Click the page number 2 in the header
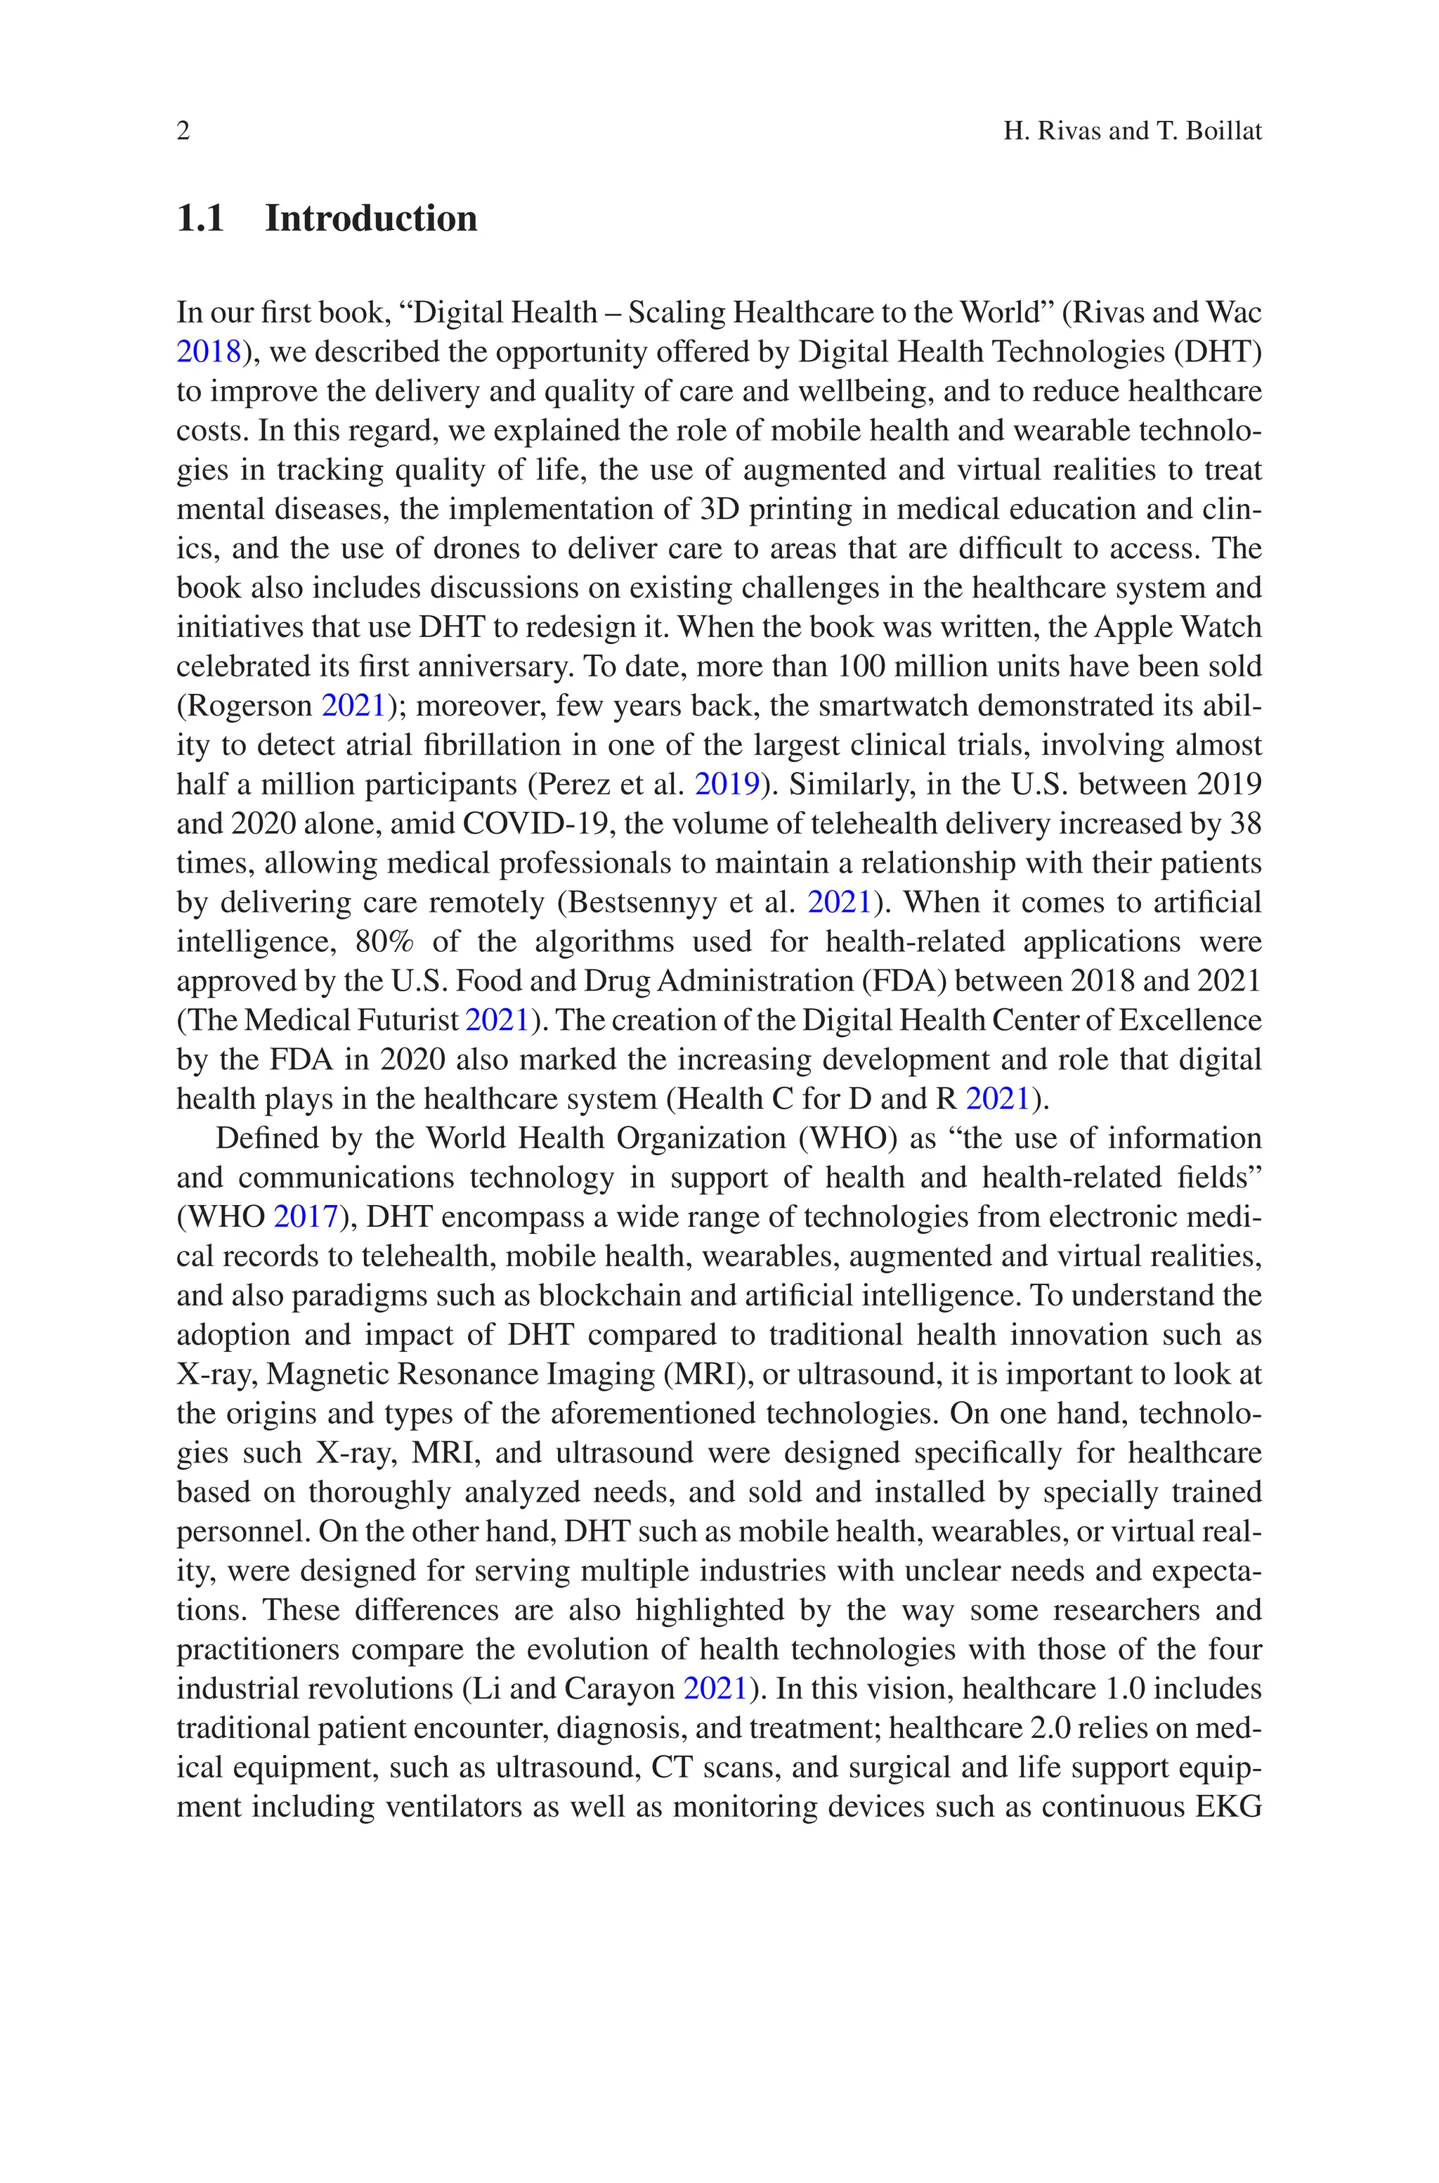point(183,131)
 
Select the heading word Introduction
point(371,219)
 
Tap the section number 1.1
point(201,219)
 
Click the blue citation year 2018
point(208,352)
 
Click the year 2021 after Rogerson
point(353,706)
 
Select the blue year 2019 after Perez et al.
point(727,785)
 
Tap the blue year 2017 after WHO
point(306,1217)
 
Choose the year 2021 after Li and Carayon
point(715,1689)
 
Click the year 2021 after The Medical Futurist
point(497,1021)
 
